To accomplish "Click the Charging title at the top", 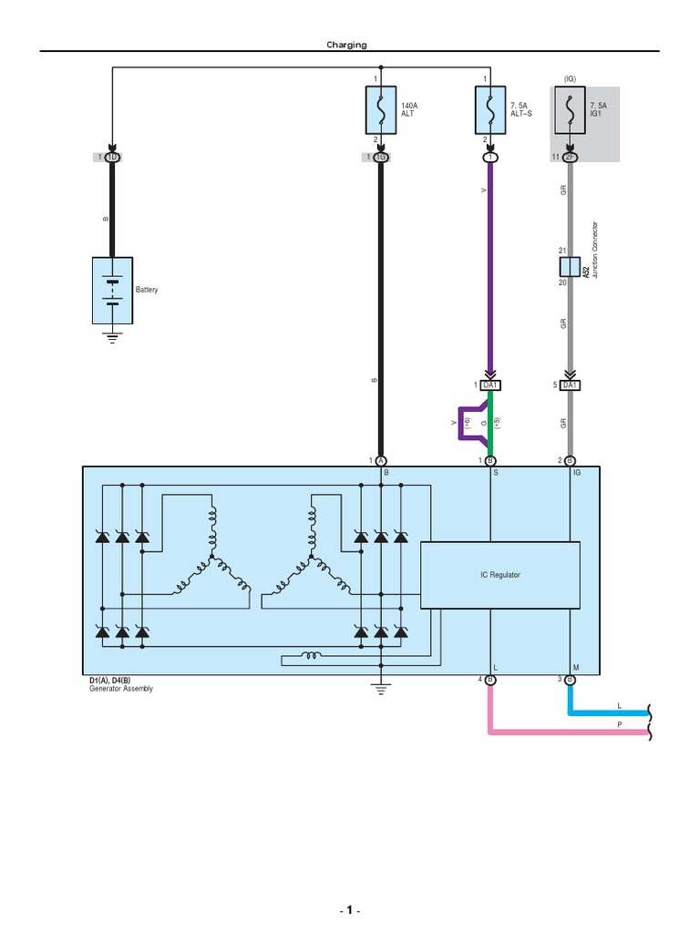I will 347,45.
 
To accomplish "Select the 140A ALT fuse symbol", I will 379,111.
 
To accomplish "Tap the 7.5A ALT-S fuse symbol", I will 490,111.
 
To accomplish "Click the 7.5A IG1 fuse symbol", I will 570,111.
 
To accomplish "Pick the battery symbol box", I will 112,291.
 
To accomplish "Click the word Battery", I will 147,290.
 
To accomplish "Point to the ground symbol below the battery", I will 112,337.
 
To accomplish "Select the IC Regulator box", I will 499,575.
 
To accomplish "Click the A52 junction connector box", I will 570,267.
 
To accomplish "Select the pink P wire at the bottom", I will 565,731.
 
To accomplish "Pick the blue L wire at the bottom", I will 606,713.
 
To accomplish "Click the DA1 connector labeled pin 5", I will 570,385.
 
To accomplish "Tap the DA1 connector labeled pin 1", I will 490,385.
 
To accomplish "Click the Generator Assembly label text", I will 121,689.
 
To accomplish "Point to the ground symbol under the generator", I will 379,689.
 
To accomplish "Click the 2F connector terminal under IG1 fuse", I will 570,157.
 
